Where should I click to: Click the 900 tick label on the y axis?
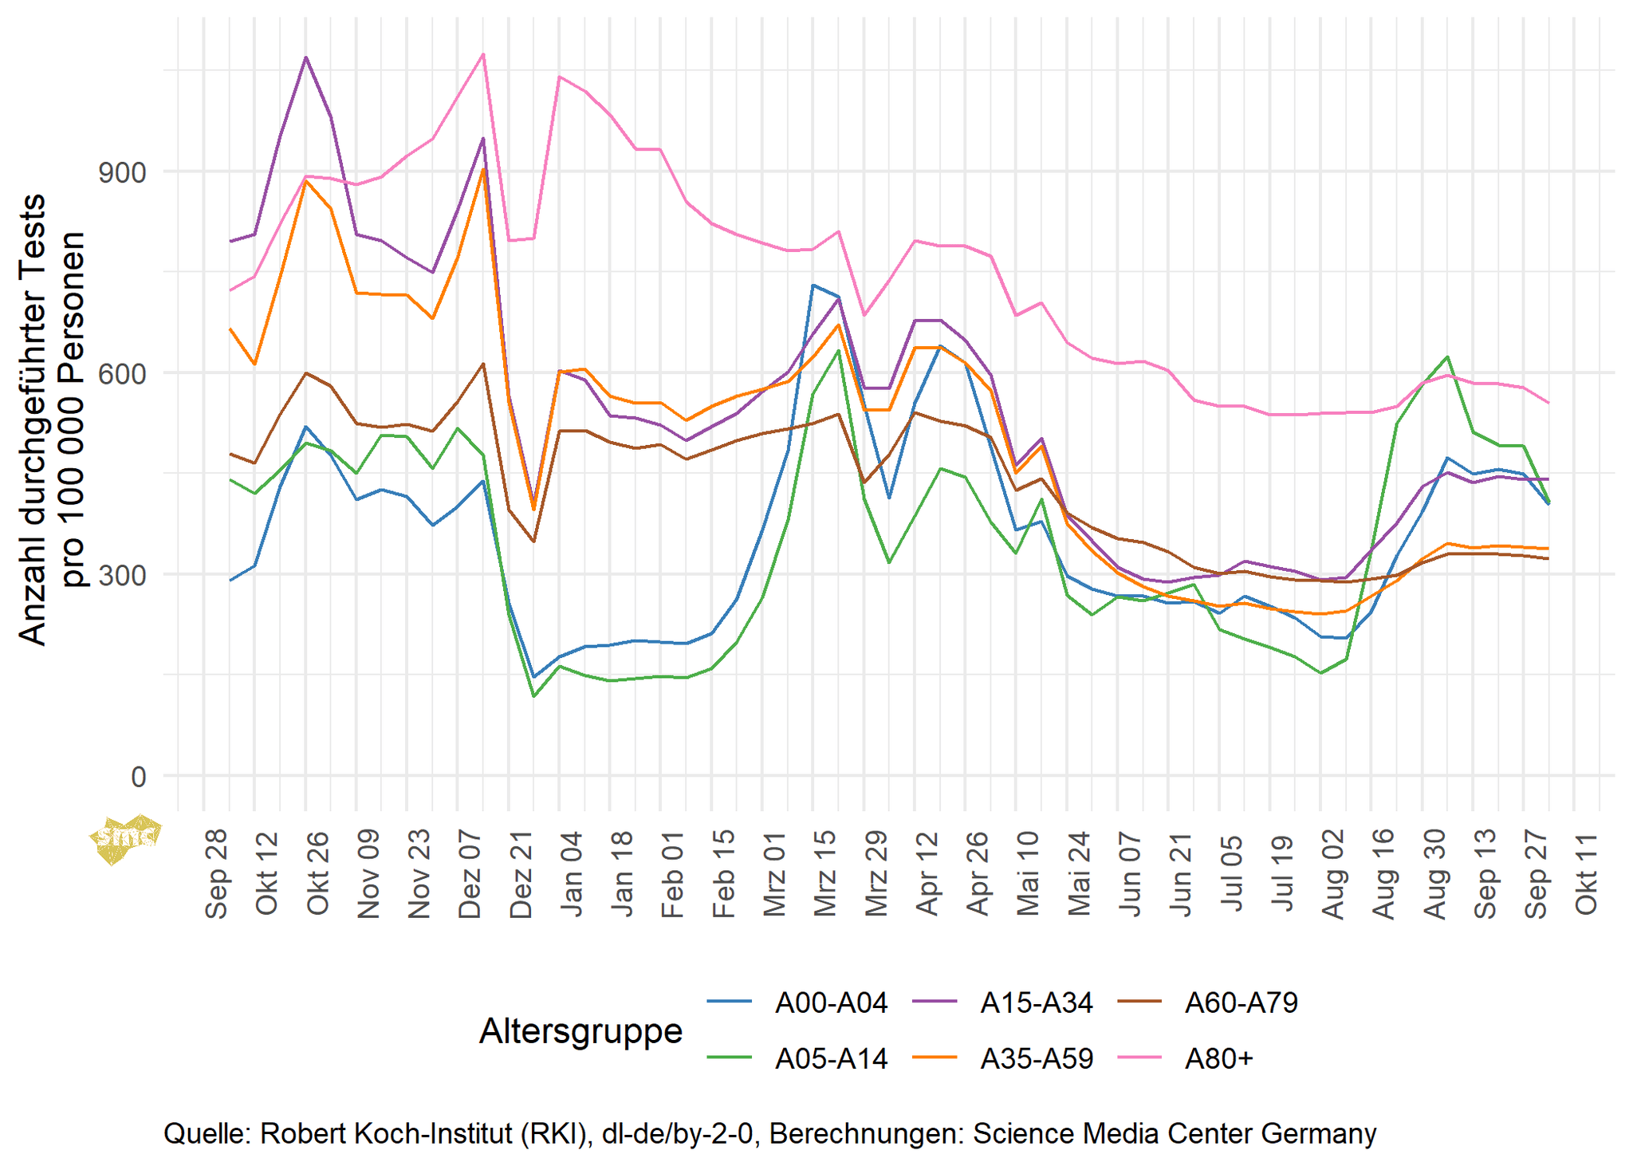(122, 172)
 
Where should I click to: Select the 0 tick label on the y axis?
(139, 776)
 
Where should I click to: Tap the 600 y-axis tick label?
(122, 373)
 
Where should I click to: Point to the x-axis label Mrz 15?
(824, 875)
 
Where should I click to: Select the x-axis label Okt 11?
(1586, 875)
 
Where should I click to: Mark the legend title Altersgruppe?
(580, 1030)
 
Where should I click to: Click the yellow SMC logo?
(126, 838)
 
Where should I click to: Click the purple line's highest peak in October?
(305, 57)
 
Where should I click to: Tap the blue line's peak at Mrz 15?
(813, 285)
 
